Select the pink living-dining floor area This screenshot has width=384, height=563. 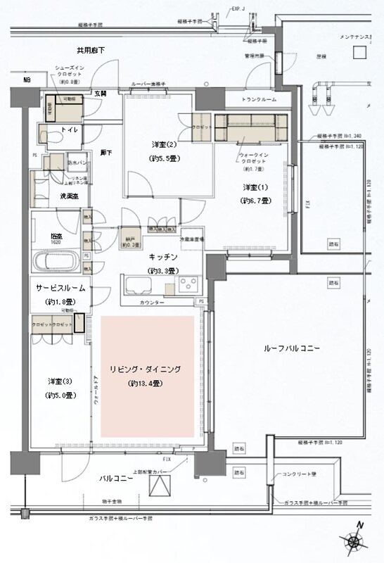coord(146,375)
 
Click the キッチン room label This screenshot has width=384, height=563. coord(162,257)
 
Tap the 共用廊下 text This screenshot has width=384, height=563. coord(91,50)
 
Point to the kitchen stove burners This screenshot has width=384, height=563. coord(189,284)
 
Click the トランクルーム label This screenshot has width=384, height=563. coord(257,99)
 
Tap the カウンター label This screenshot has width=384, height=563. coord(151,302)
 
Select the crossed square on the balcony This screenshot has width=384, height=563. coord(159,487)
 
